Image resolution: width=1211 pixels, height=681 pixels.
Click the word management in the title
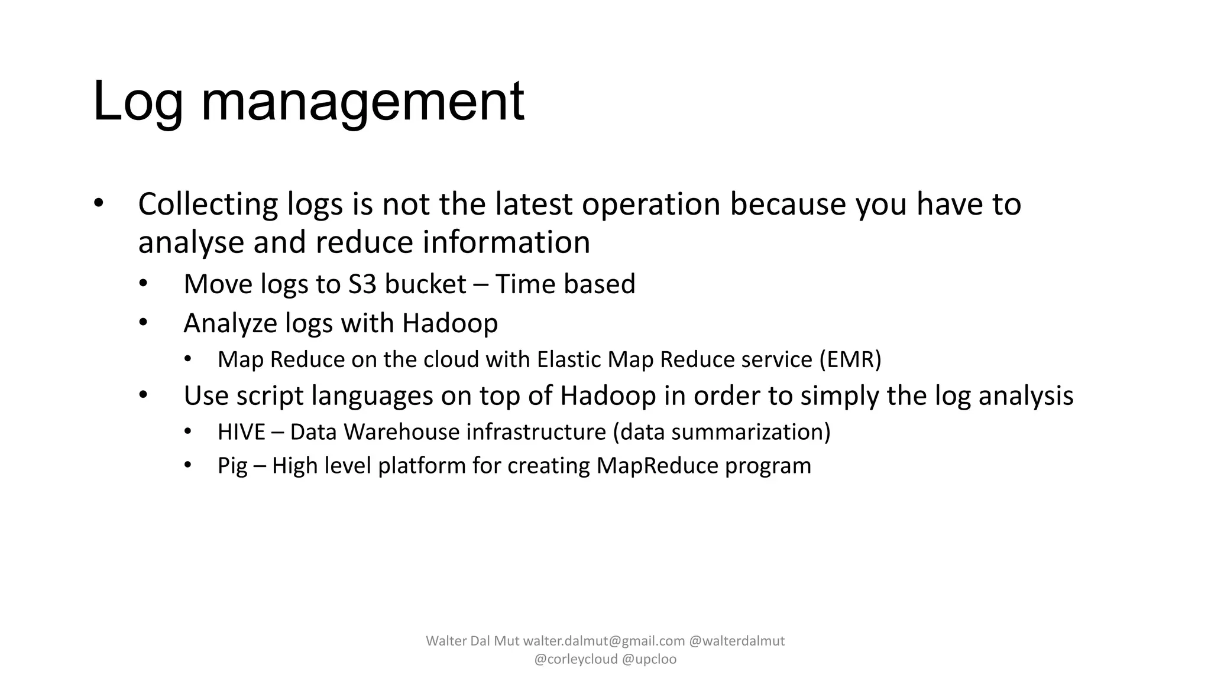pyautogui.click(x=362, y=102)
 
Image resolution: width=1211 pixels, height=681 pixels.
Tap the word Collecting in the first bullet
pyautogui.click(x=208, y=204)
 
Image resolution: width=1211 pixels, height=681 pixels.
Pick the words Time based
pyautogui.click(x=565, y=284)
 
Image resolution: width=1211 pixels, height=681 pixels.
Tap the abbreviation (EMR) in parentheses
pyautogui.click(x=850, y=359)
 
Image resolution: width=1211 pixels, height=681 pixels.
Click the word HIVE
pyautogui.click(x=241, y=432)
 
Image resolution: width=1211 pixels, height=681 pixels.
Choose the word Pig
pyautogui.click(x=232, y=466)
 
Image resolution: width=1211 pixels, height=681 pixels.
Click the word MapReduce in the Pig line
pyautogui.click(x=657, y=466)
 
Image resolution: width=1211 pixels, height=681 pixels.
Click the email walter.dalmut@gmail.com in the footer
pyautogui.click(x=604, y=641)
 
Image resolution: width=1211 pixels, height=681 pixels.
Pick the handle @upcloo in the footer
pyautogui.click(x=649, y=659)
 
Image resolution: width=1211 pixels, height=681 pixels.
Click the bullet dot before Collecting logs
pyautogui.click(x=98, y=203)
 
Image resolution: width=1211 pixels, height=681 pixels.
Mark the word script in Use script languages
pyautogui.click(x=270, y=395)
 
